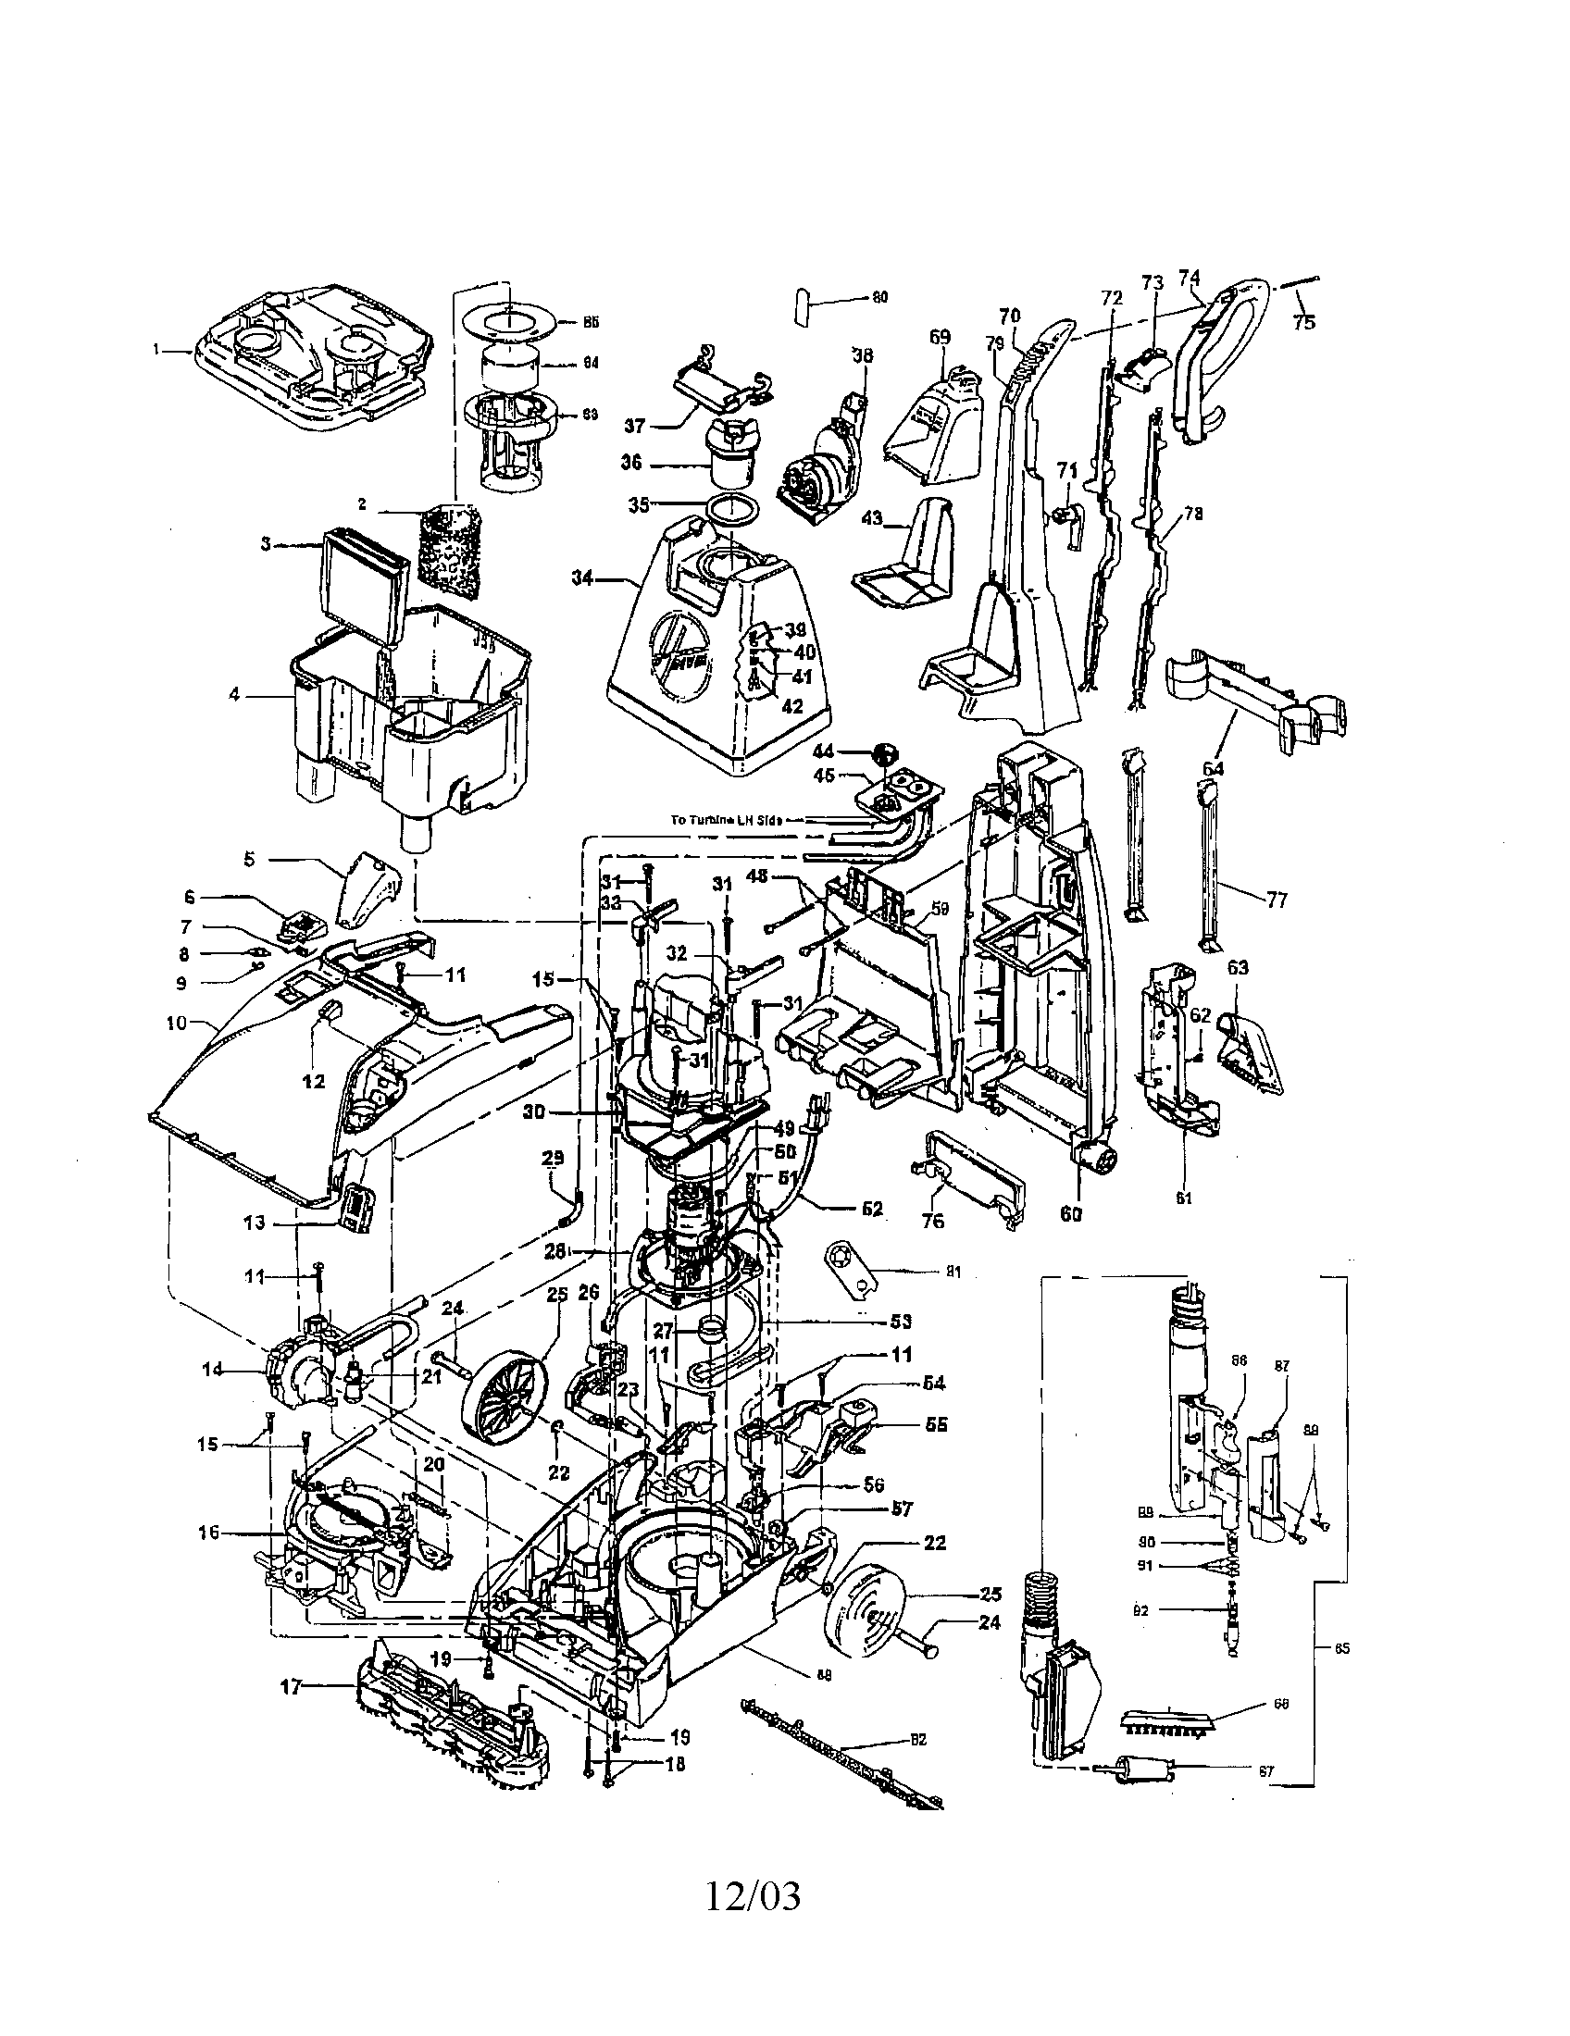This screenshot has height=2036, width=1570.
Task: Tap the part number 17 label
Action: pos(292,1686)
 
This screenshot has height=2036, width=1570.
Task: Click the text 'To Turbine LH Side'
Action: pos(727,820)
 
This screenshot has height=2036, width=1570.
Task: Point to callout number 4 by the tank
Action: pos(234,694)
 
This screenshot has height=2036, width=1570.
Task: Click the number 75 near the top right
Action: pos(1304,323)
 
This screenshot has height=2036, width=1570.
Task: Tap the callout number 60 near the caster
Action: pos(1071,1216)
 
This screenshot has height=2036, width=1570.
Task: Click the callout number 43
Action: pos(871,518)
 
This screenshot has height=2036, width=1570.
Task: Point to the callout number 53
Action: pos(901,1322)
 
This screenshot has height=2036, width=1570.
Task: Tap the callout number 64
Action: pos(1212,769)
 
